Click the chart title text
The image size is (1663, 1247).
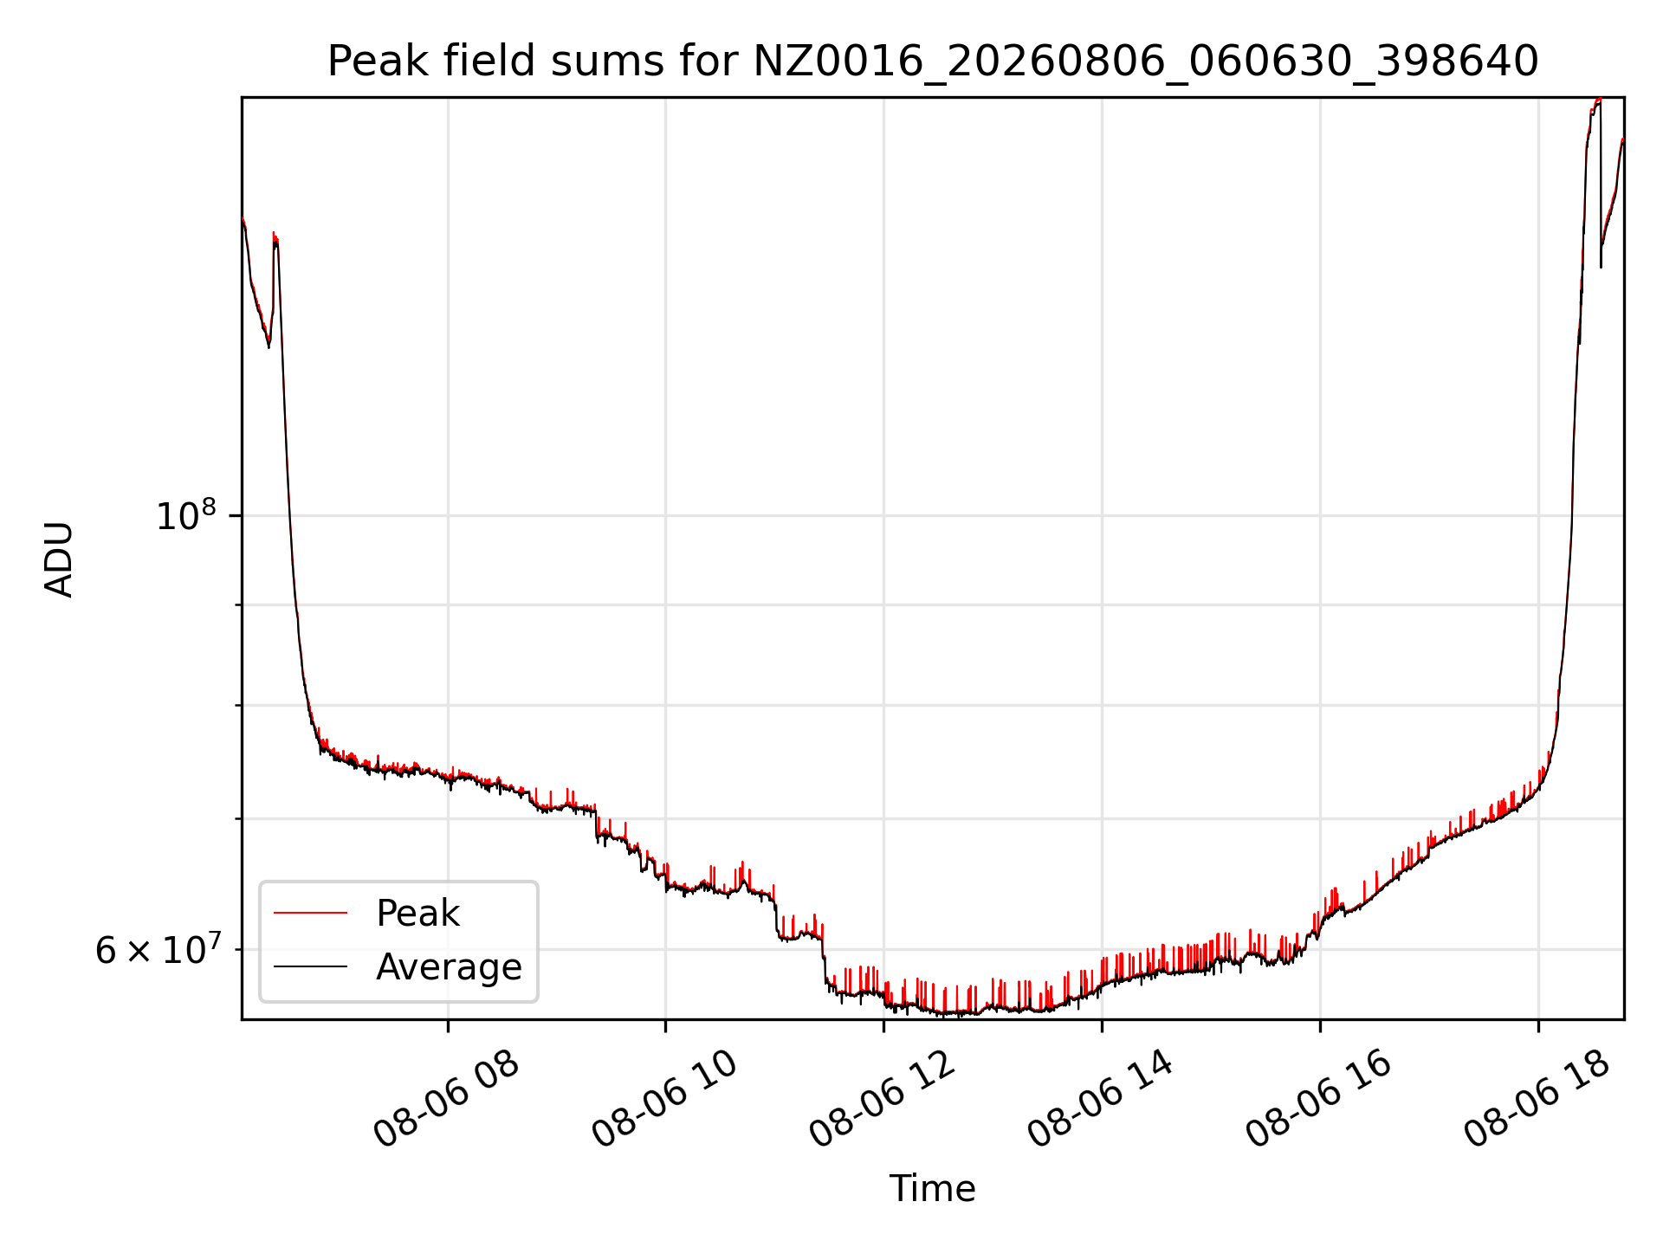933,61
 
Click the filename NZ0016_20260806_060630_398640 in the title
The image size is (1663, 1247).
1146,62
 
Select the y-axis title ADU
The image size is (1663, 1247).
59,559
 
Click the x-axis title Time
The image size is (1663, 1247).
933,1188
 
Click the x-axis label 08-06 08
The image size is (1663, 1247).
447,1100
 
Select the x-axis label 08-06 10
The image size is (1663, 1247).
664,1100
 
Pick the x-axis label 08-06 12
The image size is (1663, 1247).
883,1100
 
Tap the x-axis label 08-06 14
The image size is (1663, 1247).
1101,1100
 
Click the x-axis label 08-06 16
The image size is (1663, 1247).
1319,1100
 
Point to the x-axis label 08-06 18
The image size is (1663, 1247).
1537,1100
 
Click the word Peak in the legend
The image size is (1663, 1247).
417,913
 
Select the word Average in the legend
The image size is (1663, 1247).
449,966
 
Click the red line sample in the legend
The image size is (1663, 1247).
310,913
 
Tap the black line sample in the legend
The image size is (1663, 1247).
310,966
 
